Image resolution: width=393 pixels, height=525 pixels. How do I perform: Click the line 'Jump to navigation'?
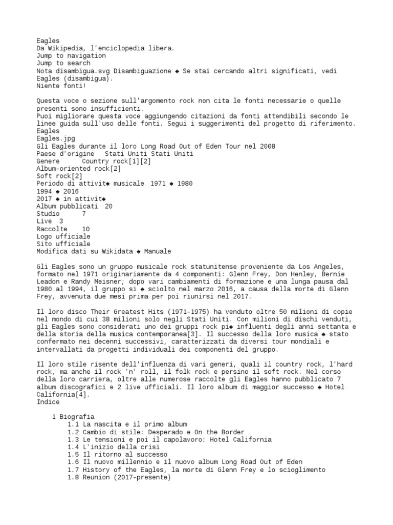click(71, 55)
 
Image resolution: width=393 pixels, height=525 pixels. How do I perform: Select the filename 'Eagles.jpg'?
click(55, 138)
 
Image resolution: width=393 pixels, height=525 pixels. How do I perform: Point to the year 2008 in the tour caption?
click(268, 146)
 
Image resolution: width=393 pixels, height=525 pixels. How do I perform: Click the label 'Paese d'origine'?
click(65, 154)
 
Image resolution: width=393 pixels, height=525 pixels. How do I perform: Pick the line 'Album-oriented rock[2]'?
click(78, 169)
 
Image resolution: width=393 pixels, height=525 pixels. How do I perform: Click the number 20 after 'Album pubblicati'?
click(108, 206)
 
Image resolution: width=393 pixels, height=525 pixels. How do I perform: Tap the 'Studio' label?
click(48, 214)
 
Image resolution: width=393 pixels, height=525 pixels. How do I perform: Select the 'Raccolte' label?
click(52, 229)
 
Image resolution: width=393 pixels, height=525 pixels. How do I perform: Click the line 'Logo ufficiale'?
click(63, 236)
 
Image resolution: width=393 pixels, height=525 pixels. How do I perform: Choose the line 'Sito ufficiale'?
click(63, 244)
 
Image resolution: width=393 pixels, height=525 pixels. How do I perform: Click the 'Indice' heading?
click(48, 402)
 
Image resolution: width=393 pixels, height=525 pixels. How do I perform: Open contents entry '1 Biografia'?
click(74, 417)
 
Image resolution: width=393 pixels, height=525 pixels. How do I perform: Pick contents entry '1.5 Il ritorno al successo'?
click(118, 454)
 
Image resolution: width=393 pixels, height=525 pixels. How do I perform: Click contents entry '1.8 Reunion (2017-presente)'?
click(119, 477)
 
